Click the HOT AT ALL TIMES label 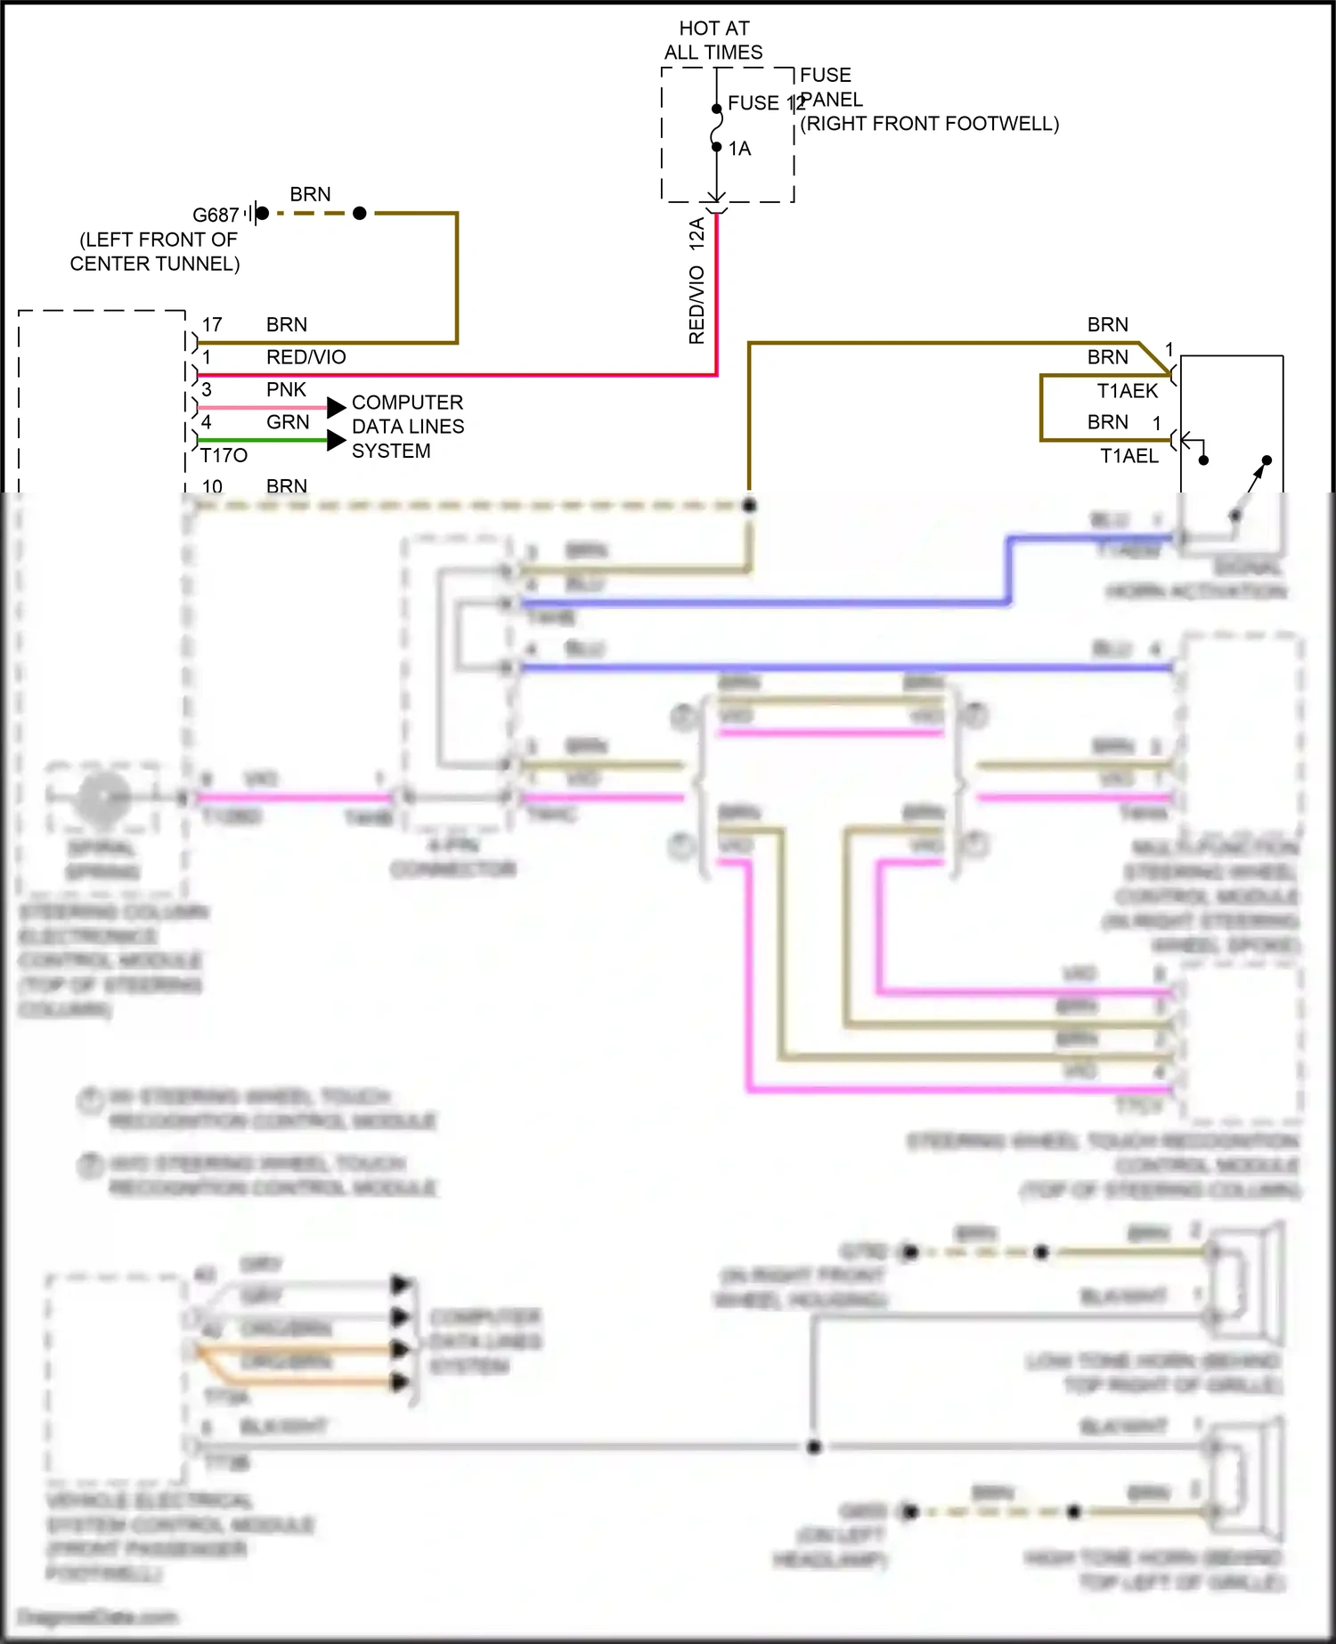click(713, 40)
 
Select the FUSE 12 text click(764, 103)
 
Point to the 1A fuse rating click(739, 149)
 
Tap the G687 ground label click(216, 216)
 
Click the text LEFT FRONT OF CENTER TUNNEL click(156, 252)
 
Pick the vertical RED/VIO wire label click(697, 305)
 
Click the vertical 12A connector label click(697, 232)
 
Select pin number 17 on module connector click(212, 324)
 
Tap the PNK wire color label click(286, 389)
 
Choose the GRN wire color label click(288, 422)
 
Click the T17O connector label click(224, 456)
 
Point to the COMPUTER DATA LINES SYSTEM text click(408, 427)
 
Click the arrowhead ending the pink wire click(336, 408)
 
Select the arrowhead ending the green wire click(336, 440)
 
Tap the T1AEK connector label click(1127, 391)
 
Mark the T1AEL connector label click(1128, 456)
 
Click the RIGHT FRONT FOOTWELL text click(930, 124)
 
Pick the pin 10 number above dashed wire click(212, 486)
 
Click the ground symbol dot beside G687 click(262, 214)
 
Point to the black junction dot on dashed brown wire click(750, 506)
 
